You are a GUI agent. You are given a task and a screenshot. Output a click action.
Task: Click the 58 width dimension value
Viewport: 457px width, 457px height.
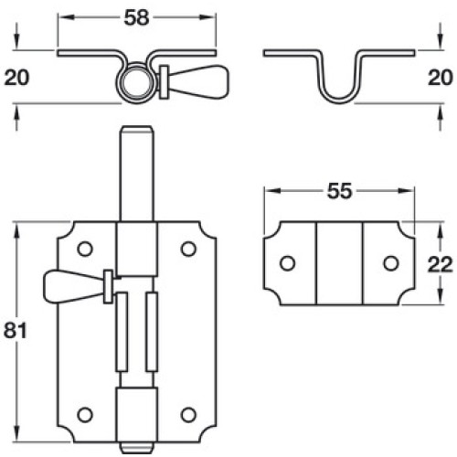click(x=136, y=17)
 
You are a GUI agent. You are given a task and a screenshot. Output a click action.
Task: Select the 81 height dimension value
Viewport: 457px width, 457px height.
click(x=16, y=330)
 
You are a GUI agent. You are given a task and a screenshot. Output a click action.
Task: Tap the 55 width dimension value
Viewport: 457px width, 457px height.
click(x=339, y=191)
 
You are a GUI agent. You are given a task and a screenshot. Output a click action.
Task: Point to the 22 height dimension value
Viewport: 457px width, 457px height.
click(x=440, y=264)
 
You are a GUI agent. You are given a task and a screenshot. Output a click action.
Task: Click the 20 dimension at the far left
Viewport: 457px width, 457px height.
click(x=16, y=78)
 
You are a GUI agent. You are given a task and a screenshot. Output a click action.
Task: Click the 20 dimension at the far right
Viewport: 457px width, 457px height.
click(x=441, y=78)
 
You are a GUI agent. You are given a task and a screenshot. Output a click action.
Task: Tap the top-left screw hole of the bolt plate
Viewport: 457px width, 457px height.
click(x=85, y=249)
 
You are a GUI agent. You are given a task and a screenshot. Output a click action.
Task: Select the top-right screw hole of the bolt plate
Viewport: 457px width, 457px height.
click(x=188, y=249)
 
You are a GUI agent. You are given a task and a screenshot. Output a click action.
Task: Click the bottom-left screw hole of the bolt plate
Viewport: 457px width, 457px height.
click(x=85, y=415)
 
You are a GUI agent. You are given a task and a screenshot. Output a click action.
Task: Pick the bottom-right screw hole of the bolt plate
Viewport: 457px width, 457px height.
click(x=188, y=415)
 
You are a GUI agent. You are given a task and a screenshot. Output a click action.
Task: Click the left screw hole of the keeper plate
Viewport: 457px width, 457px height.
click(x=287, y=263)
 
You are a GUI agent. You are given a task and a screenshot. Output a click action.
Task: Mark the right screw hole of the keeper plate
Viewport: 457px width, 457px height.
click(x=391, y=263)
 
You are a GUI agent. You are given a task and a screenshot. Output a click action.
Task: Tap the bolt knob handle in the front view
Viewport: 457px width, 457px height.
click(x=75, y=286)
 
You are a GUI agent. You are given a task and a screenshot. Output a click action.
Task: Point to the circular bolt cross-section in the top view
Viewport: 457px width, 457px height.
click(x=136, y=82)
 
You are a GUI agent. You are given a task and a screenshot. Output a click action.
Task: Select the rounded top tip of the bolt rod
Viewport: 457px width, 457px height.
click(x=137, y=130)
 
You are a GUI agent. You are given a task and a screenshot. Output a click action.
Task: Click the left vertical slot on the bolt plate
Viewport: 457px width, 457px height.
click(x=122, y=332)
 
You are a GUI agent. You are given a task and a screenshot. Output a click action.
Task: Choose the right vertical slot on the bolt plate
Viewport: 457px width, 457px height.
click(x=152, y=332)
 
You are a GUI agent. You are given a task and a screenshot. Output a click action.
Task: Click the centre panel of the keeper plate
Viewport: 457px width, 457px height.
click(x=339, y=263)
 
